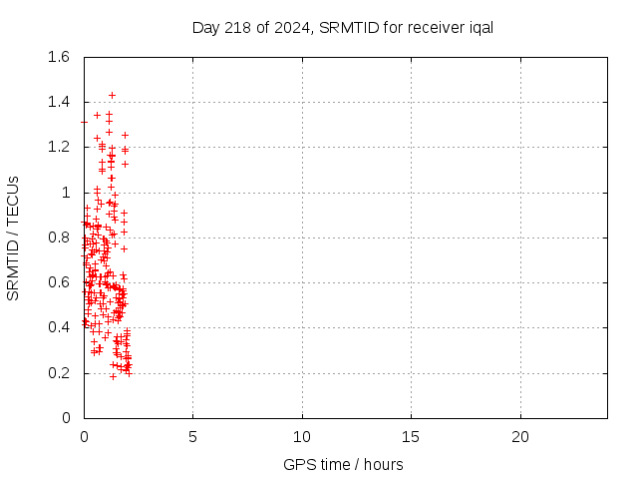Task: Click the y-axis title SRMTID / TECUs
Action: (13, 238)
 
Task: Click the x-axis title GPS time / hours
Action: (343, 464)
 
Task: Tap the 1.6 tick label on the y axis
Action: (58, 57)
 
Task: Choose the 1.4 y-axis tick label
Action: (58, 102)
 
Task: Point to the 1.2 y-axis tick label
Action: (58, 147)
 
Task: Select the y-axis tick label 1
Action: (65, 193)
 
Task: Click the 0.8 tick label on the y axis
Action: (58, 238)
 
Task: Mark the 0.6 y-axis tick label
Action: (58, 282)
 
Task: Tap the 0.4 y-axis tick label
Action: (58, 327)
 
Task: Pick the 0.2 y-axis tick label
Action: (58, 373)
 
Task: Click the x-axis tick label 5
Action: (192, 437)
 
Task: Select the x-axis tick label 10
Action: (302, 437)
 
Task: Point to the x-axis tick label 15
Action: (411, 437)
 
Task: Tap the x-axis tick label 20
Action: (519, 437)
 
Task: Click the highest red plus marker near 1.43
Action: (112, 96)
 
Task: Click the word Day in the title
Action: (204, 27)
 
